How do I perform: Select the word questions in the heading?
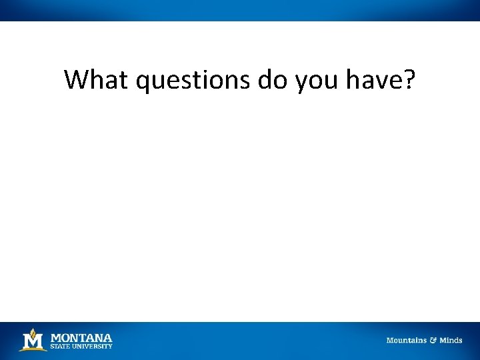pyautogui.click(x=192, y=81)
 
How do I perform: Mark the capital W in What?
pyautogui.click(x=77, y=80)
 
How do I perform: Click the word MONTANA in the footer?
pyautogui.click(x=81, y=338)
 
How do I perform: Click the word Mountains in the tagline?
pyautogui.click(x=406, y=341)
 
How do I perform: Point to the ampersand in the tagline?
pyautogui.click(x=433, y=341)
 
